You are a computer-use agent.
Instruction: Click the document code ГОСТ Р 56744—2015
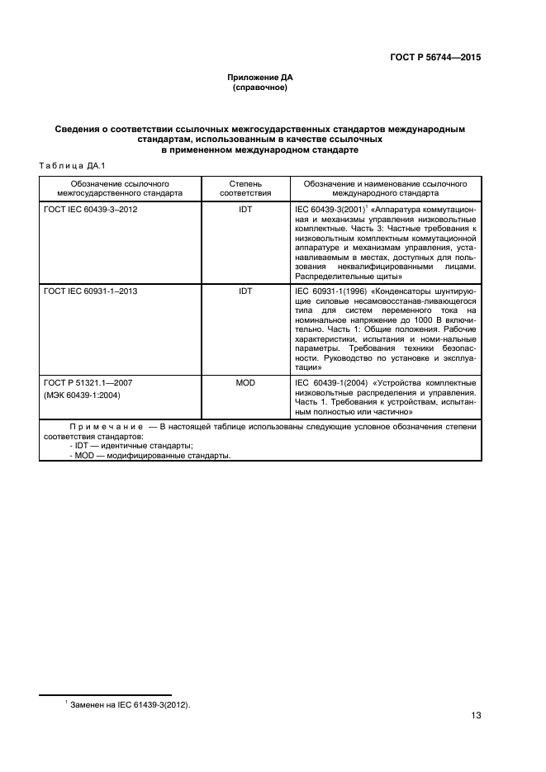[x=435, y=58]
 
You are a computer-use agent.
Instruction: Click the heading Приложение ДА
[x=260, y=77]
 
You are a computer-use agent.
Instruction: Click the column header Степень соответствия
[x=245, y=186]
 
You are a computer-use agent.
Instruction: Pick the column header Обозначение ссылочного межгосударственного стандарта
[x=121, y=186]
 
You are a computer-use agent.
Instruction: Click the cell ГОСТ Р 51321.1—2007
[x=88, y=383]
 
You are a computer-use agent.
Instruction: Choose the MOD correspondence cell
[x=245, y=383]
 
